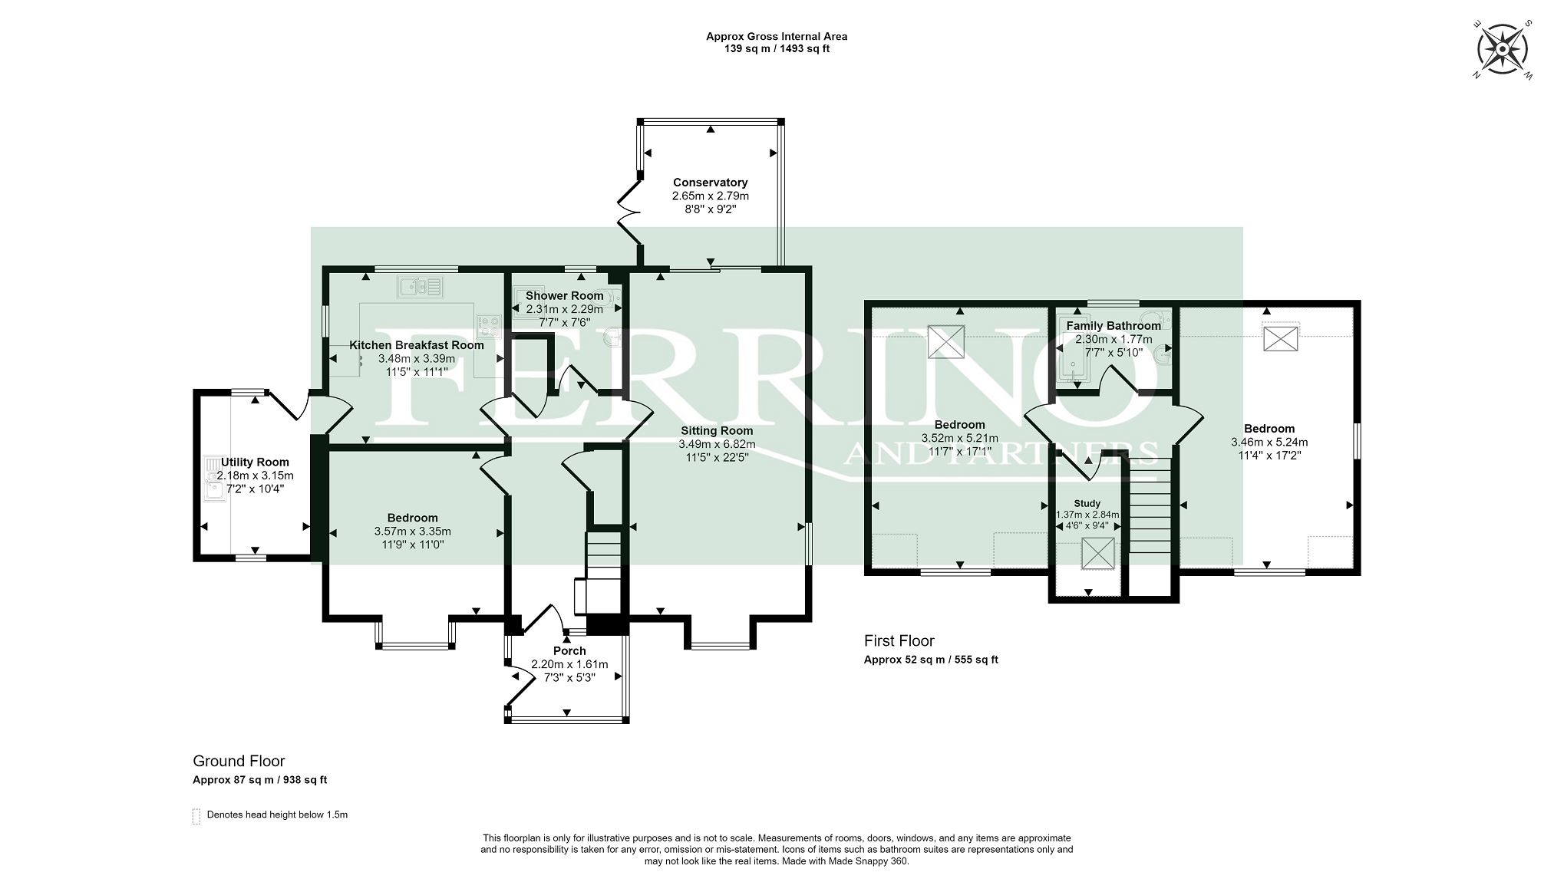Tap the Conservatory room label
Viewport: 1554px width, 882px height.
click(x=710, y=183)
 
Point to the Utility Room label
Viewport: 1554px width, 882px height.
click(x=256, y=462)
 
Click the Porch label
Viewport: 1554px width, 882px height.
click(x=569, y=651)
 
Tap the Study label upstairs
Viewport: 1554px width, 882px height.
click(x=1087, y=504)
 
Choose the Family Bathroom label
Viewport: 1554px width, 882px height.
click(x=1114, y=326)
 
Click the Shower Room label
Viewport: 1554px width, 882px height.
click(x=564, y=296)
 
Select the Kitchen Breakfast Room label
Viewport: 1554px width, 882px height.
click(x=417, y=345)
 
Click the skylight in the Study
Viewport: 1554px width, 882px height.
click(x=1097, y=554)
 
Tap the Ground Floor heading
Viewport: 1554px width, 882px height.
click(x=239, y=762)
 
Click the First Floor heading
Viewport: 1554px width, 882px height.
click(x=899, y=641)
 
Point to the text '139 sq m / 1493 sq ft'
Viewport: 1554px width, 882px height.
click(x=777, y=49)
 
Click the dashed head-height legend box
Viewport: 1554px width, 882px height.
click(x=196, y=816)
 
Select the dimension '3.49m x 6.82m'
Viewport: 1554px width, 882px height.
click(x=717, y=444)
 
